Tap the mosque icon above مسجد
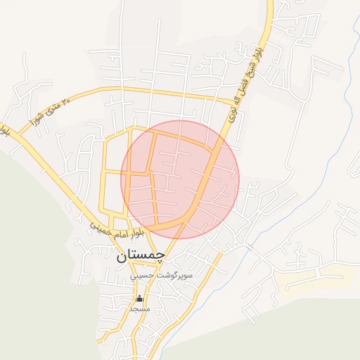click(139, 298)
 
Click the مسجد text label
click(139, 308)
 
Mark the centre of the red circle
click(180, 179)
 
